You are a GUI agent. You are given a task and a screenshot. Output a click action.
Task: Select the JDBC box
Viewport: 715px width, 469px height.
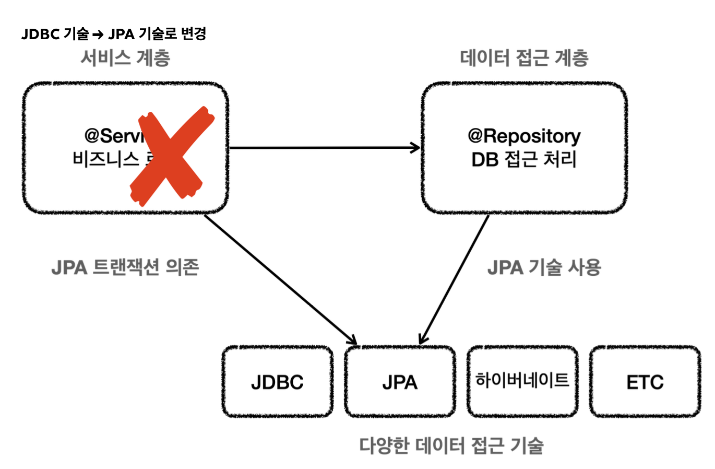(x=277, y=382)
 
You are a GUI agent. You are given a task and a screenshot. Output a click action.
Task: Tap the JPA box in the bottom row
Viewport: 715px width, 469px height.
(x=400, y=382)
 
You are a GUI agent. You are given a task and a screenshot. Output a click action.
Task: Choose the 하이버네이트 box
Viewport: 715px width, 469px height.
(x=522, y=380)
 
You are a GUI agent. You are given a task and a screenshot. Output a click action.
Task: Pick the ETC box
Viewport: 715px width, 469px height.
(x=645, y=382)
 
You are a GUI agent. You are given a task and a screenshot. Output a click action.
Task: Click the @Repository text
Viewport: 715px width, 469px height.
(x=524, y=136)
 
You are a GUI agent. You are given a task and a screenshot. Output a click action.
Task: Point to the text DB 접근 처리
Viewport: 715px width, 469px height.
(x=524, y=159)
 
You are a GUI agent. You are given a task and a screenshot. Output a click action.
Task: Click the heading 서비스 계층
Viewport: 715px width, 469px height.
(x=125, y=57)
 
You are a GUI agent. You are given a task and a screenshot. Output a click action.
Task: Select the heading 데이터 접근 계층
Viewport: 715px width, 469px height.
(x=524, y=57)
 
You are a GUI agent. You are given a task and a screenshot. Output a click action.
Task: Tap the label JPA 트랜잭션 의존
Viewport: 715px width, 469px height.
(x=125, y=267)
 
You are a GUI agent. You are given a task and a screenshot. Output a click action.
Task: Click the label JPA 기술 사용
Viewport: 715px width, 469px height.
(x=544, y=267)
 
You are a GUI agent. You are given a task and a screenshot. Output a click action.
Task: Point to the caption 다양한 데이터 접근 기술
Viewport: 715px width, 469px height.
(x=451, y=445)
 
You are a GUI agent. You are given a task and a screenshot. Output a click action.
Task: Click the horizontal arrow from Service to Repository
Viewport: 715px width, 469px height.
(x=324, y=148)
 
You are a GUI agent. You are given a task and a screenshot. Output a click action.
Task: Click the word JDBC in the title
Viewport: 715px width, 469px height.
(x=40, y=34)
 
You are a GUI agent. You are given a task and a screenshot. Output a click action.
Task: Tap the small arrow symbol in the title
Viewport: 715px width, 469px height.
(x=98, y=35)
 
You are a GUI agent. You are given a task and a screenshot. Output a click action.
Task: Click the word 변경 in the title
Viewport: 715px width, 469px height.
(x=193, y=34)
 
